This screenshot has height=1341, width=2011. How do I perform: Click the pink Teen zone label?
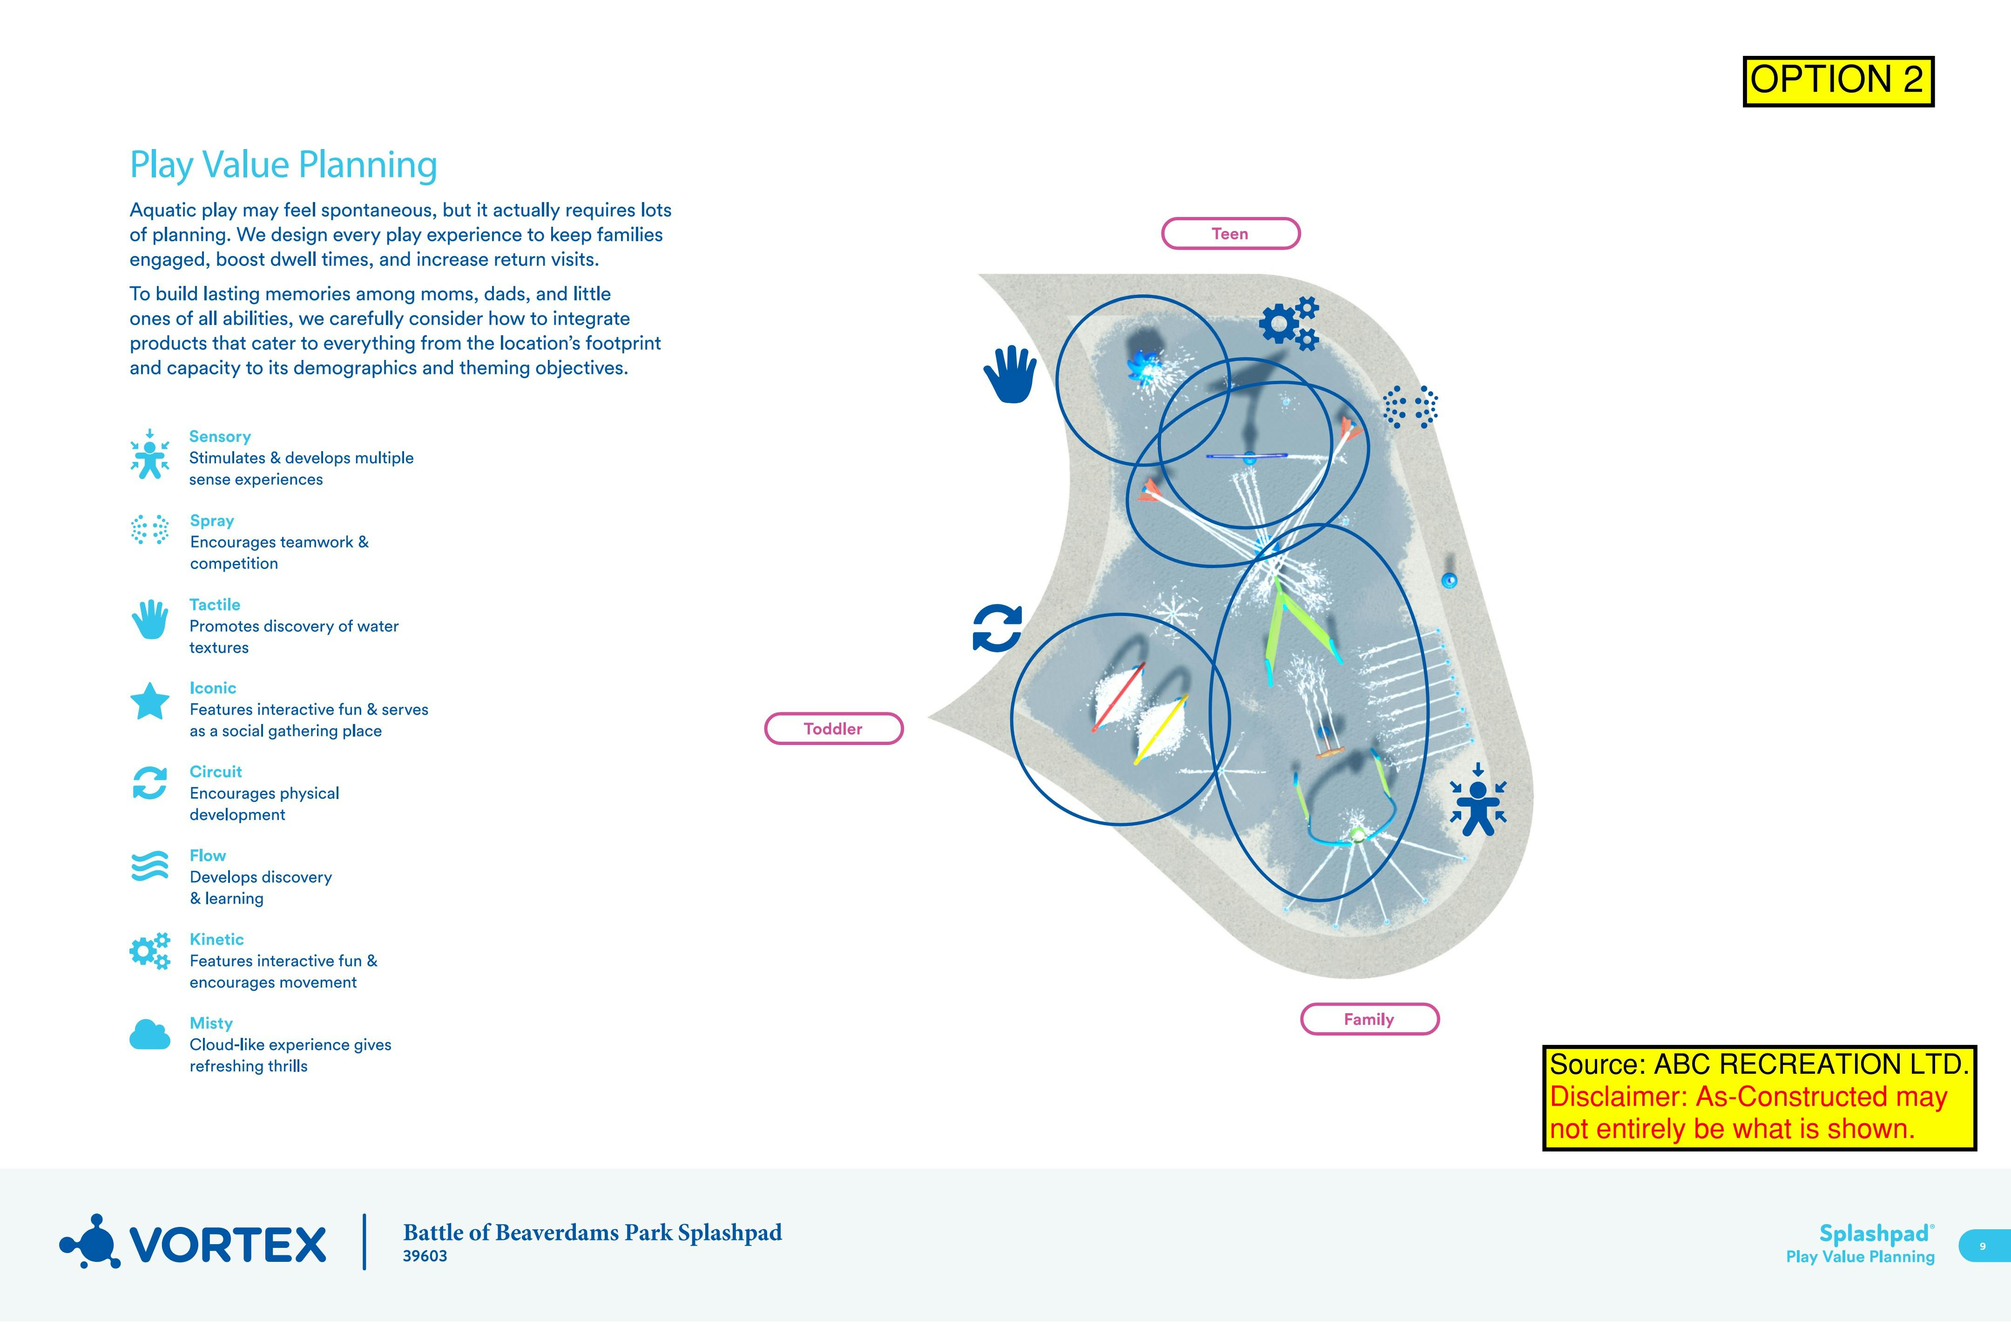coord(1229,233)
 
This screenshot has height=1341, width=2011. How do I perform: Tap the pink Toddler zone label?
coord(833,729)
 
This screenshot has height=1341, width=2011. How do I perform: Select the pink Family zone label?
coord(1369,1019)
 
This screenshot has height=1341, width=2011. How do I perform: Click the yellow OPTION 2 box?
coord(1837,81)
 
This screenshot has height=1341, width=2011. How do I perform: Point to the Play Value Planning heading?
coord(283,165)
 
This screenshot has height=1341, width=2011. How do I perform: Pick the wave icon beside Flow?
coord(149,867)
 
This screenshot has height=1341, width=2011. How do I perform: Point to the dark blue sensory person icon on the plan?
coord(1478,799)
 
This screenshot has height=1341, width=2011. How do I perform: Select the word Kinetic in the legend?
coord(216,939)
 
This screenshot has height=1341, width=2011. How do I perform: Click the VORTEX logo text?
coord(228,1244)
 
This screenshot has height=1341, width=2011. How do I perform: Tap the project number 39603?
coord(425,1255)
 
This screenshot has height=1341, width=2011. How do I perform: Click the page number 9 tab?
coord(1982,1246)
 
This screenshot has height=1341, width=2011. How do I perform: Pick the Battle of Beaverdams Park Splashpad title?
coord(592,1233)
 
